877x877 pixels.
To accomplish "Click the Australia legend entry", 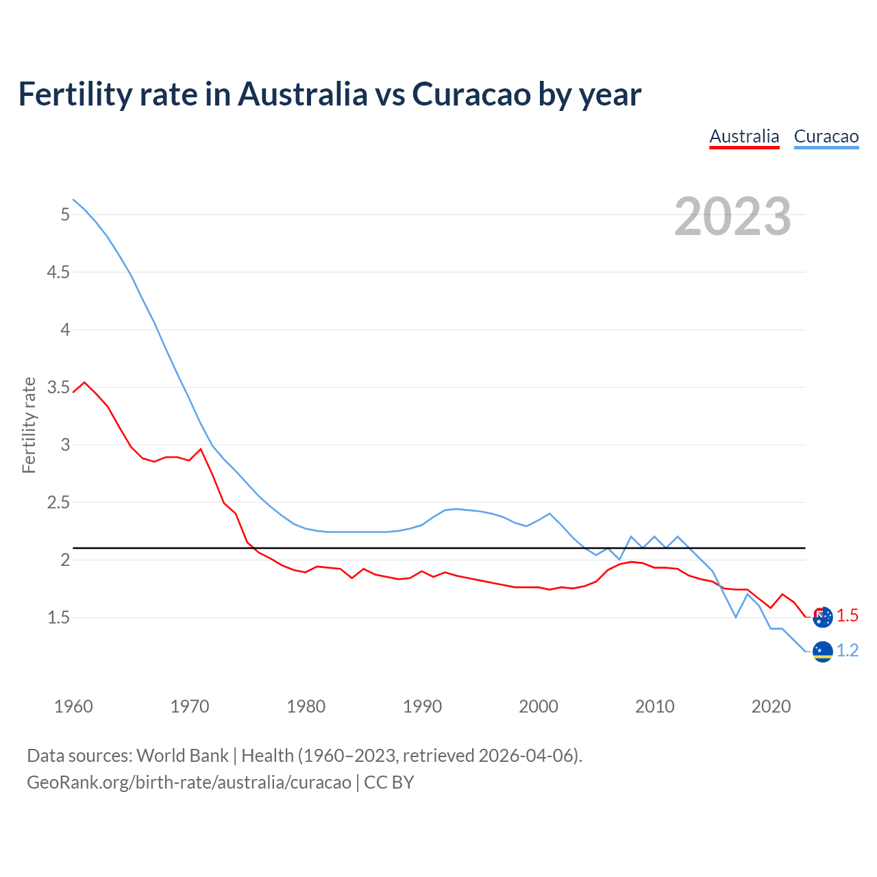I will [744, 136].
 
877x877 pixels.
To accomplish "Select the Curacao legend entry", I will [826, 136].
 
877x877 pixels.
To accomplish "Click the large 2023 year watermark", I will [732, 217].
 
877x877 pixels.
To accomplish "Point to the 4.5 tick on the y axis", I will [58, 273].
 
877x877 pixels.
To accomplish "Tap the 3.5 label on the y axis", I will [58, 388].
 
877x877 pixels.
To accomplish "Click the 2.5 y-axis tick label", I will [58, 503].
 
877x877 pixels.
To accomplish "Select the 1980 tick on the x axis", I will [306, 706].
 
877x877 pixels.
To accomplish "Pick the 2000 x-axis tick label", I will [539, 706].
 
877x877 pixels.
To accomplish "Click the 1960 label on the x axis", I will [73, 706].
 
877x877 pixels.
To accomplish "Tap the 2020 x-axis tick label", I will [771, 706].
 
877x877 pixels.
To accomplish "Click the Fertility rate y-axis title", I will [29, 425].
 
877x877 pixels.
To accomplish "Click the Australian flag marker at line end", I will [822, 617].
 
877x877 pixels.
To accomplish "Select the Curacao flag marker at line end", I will [822, 652].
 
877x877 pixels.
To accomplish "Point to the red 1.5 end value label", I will [848, 616].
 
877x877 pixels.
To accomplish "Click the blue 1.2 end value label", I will [848, 651].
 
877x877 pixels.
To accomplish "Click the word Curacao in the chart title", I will [471, 95].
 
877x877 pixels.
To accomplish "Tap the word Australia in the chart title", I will [302, 95].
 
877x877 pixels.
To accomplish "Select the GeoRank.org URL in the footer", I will [188, 782].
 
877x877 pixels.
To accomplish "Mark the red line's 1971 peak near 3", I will [201, 449].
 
